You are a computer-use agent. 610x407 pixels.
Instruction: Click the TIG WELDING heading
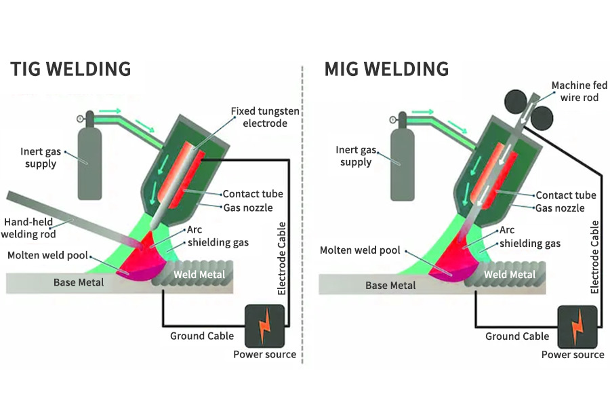pos(70,69)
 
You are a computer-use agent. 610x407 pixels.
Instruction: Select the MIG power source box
pos(577,326)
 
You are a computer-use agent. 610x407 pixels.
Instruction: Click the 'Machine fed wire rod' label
pos(576,92)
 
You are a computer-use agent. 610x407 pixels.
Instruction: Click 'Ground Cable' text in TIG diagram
pos(202,336)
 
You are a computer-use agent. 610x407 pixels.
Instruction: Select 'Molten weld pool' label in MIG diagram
pos(360,250)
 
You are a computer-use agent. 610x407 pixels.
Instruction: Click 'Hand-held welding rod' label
pos(32,227)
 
